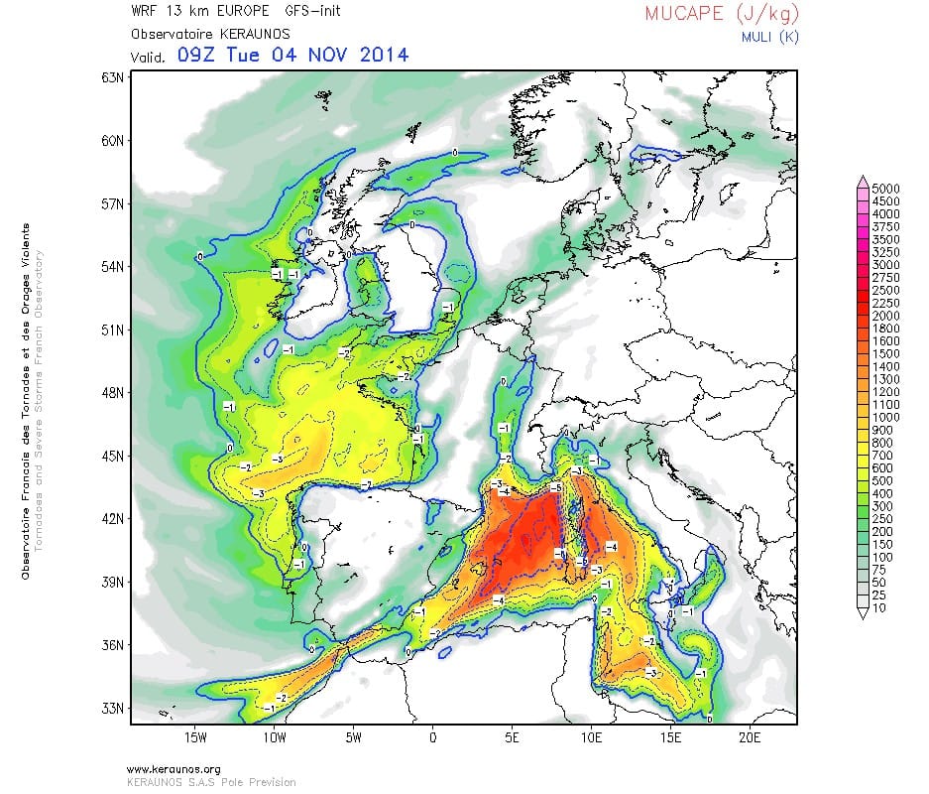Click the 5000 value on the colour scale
point(884,188)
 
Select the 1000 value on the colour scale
point(884,418)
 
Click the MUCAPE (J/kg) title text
point(722,14)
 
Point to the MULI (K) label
point(768,37)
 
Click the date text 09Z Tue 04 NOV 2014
point(292,55)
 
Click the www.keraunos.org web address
point(174,769)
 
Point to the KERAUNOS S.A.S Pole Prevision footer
point(211,781)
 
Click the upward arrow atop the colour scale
point(864,179)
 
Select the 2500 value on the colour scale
point(884,290)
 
